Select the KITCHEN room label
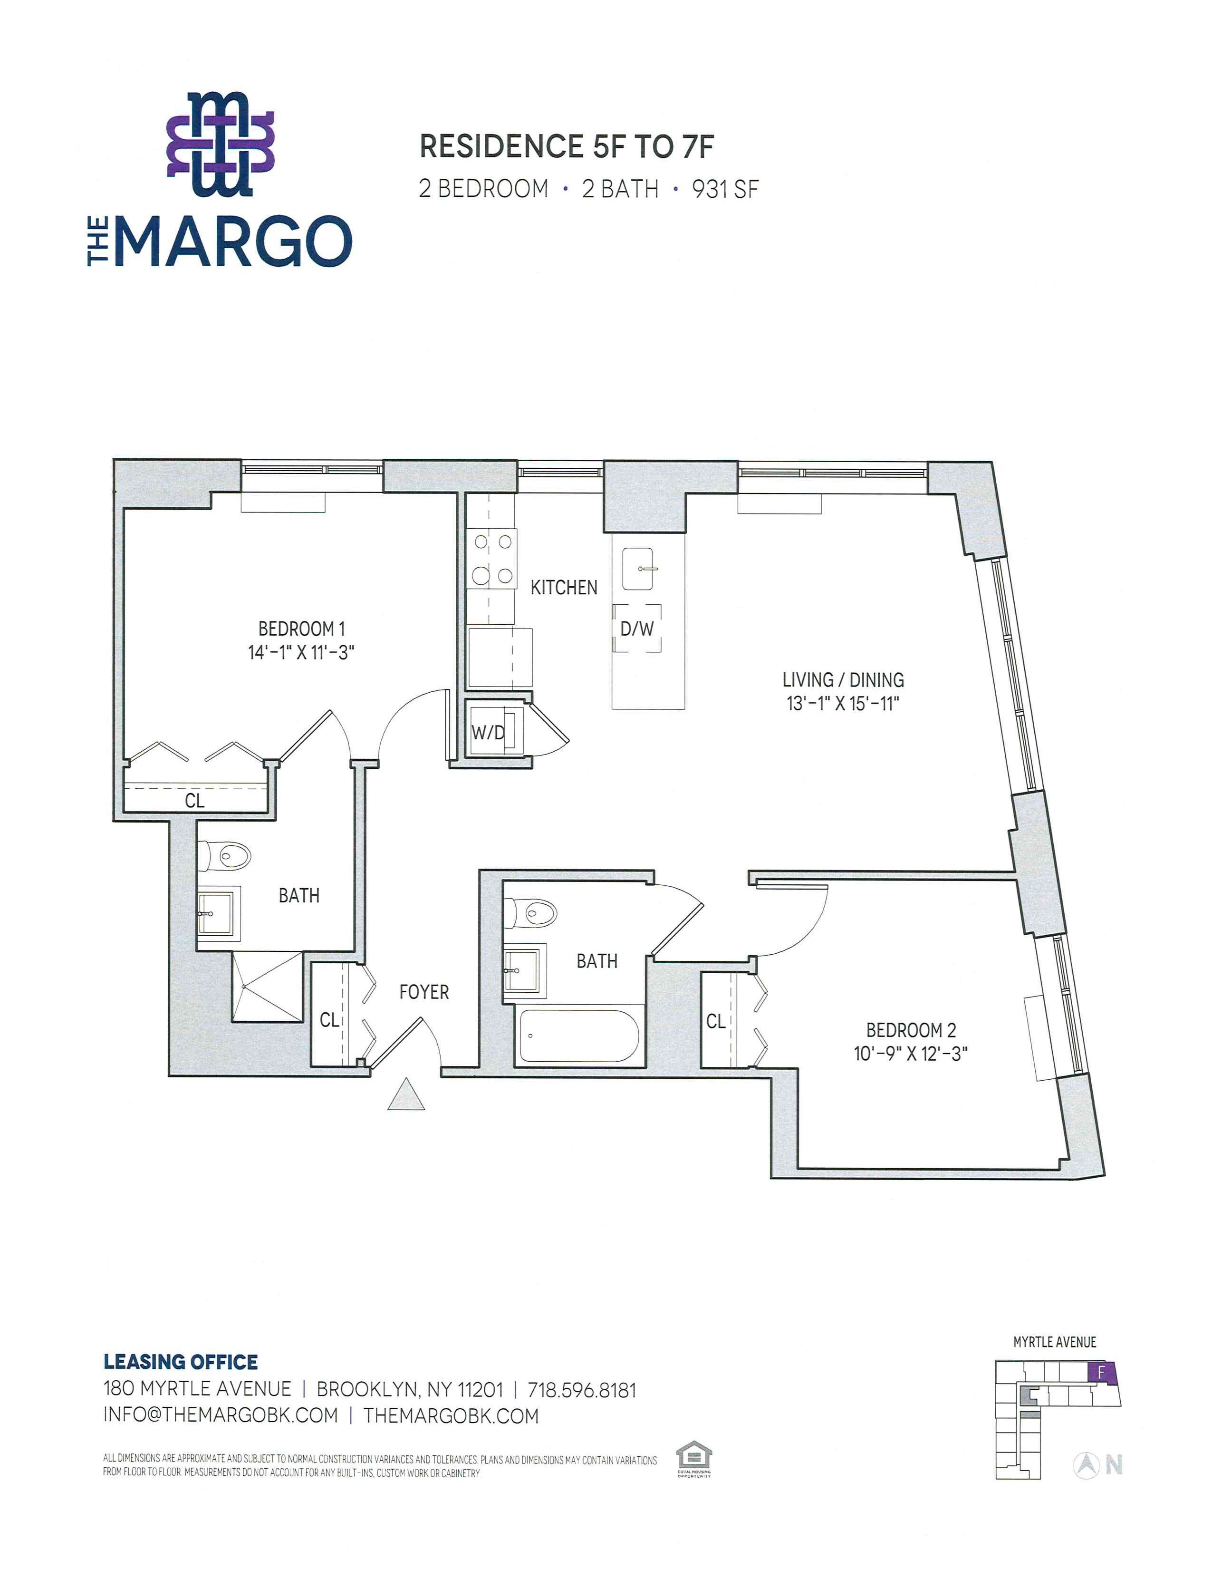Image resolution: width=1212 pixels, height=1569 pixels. pos(564,588)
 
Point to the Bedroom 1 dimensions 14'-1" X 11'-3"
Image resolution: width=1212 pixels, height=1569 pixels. pos(301,652)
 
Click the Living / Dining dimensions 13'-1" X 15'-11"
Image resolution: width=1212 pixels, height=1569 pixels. pos(843,703)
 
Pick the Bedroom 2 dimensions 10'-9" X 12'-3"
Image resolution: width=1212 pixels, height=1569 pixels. pos(911,1054)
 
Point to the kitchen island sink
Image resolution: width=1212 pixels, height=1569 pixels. pos(643,569)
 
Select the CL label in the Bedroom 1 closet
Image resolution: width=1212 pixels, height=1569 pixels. pos(194,800)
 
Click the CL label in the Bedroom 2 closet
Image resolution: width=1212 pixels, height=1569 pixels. pos(716,1021)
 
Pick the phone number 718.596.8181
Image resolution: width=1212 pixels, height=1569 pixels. pos(582,1390)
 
